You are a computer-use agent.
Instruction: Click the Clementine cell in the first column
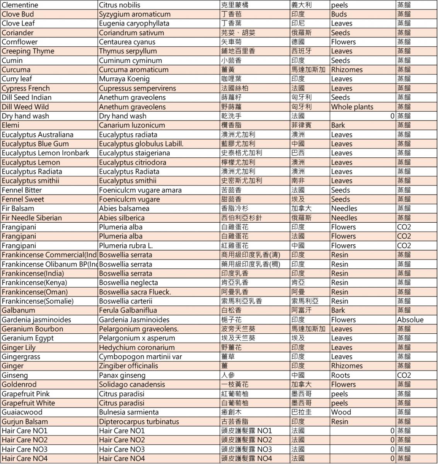point(20,5)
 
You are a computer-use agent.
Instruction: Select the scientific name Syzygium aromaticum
point(135,14)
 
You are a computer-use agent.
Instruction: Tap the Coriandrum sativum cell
point(131,33)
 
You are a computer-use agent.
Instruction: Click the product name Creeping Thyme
point(28,51)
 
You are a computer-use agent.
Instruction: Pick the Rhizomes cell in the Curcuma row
point(347,70)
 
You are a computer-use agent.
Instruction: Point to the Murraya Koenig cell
point(124,79)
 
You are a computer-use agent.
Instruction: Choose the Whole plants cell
point(352,107)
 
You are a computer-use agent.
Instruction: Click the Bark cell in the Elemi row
point(338,125)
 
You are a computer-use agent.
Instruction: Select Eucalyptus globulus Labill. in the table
point(141,144)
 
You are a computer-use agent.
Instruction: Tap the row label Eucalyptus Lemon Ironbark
point(45,153)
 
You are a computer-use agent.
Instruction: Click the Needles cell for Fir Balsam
point(344,208)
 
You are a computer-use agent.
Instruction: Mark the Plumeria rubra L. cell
point(126,246)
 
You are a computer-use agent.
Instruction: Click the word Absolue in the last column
point(410,320)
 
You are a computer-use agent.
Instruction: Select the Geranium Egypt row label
point(27,338)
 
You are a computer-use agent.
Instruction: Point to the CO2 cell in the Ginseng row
point(404,375)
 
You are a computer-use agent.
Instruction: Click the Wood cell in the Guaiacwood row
point(341,412)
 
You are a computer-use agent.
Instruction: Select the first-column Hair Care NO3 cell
point(24,449)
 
